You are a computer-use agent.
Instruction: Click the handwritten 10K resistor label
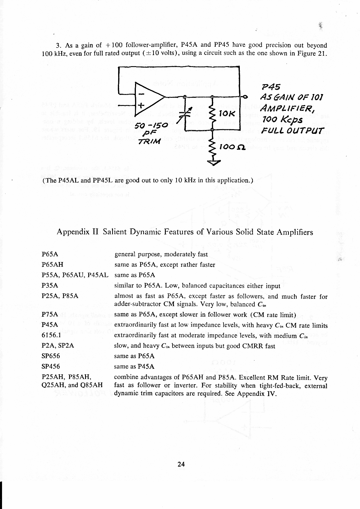227,114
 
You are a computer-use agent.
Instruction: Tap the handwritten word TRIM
149,142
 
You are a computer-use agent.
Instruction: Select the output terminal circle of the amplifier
246,96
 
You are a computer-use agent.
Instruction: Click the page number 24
181,464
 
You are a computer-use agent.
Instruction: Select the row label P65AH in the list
53,265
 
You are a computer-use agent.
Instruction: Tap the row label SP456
51,367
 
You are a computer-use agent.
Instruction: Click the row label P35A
50,286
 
